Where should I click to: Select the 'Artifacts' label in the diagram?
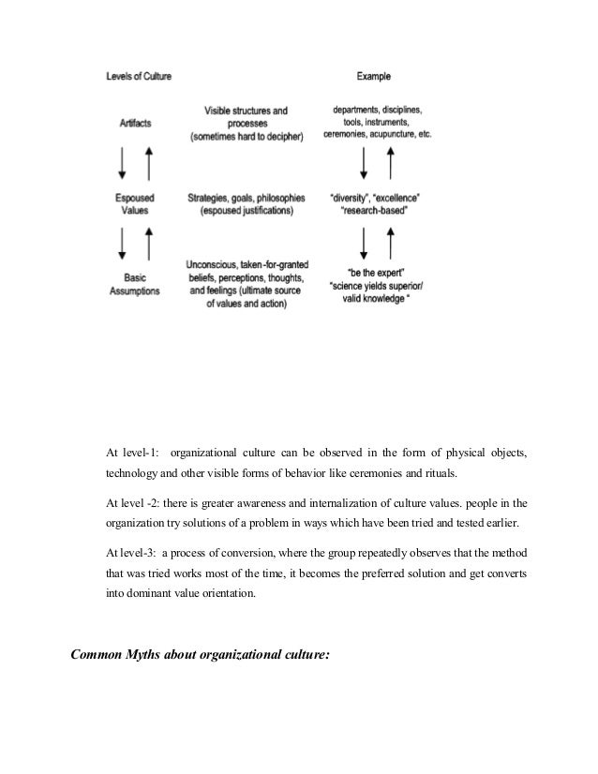[138, 122]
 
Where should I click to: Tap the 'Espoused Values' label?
[138, 205]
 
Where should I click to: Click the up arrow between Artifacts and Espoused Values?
[148, 165]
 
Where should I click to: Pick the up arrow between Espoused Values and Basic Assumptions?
[148, 246]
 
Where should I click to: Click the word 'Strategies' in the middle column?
[209, 198]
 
